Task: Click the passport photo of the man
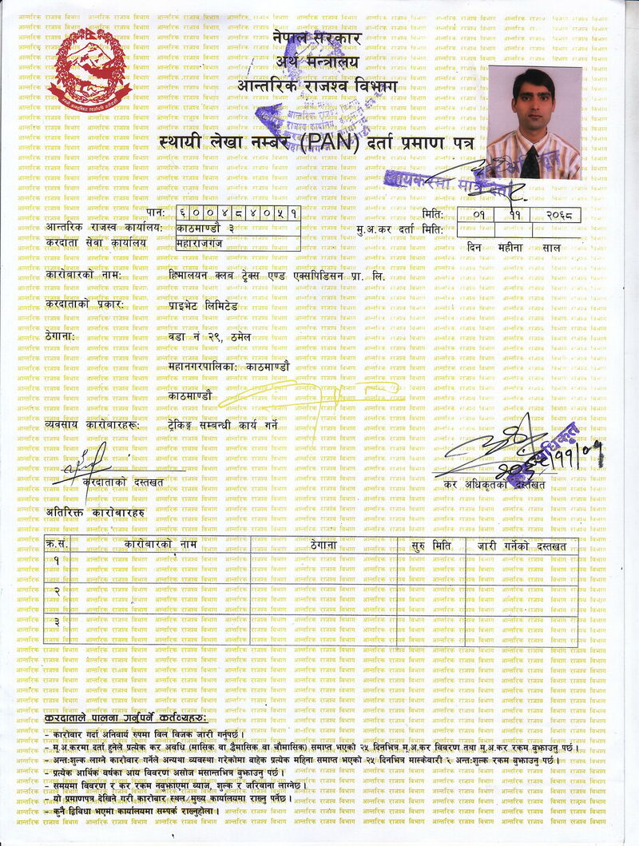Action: point(534,121)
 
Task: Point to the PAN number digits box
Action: point(239,213)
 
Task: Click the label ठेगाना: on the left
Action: point(60,336)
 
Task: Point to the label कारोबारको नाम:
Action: point(83,276)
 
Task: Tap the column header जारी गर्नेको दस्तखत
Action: point(522,546)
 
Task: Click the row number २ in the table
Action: point(57,590)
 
